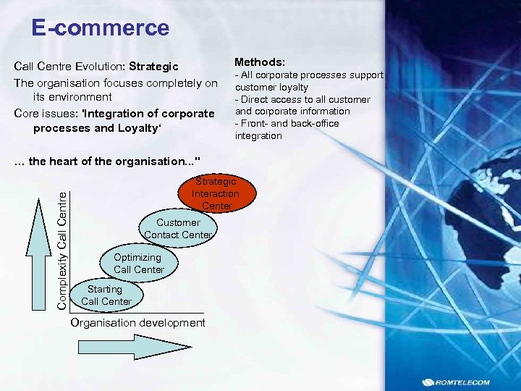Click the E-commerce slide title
pyautogui.click(x=100, y=28)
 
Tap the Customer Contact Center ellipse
pyautogui.click(x=177, y=228)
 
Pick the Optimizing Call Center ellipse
pyautogui.click(x=137, y=263)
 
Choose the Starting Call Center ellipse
pyautogui.click(x=106, y=295)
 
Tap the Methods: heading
pyautogui.click(x=260, y=63)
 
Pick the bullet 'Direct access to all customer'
pyautogui.click(x=302, y=99)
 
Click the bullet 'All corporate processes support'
pyautogui.click(x=308, y=75)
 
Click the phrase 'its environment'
pyautogui.click(x=72, y=97)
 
